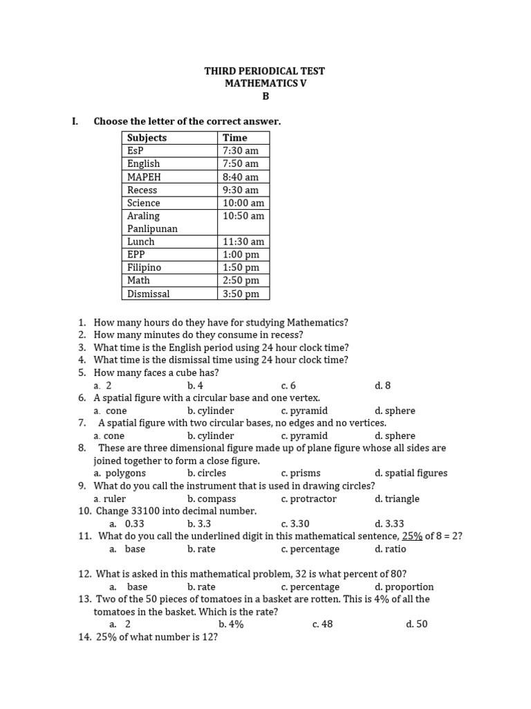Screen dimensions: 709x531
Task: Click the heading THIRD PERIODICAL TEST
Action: coord(265,71)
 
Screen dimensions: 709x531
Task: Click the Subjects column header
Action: coord(147,138)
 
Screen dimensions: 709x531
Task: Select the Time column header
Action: coord(234,138)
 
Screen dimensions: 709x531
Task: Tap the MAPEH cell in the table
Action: coord(144,177)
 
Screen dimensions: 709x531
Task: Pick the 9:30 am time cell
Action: coord(241,190)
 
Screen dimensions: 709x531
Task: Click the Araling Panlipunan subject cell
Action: coord(152,222)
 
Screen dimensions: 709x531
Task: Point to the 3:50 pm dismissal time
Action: coord(241,294)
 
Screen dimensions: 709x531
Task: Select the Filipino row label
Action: coord(144,267)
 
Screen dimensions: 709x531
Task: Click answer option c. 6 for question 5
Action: coord(288,386)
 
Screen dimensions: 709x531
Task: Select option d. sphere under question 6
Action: coord(395,411)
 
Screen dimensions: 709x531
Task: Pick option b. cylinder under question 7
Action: coord(210,436)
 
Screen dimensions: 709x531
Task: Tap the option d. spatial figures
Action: coord(411,474)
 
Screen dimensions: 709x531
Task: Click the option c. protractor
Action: coord(308,499)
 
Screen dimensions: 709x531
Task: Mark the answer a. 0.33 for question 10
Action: coord(124,524)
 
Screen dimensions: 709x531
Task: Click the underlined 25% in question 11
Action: coord(412,537)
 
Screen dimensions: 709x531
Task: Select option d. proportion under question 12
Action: coord(404,587)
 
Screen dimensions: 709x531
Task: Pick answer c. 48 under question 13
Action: coord(322,625)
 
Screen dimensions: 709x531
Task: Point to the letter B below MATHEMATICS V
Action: coord(265,96)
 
